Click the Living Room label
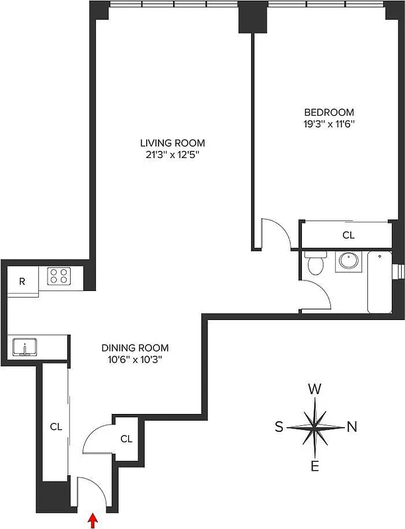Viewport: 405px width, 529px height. [172, 143]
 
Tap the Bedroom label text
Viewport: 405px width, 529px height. [328, 112]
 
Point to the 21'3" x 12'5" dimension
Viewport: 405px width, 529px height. [172, 155]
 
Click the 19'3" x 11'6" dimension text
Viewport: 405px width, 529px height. [328, 124]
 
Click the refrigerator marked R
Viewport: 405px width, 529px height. [22, 281]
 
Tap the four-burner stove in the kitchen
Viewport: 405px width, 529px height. [59, 276]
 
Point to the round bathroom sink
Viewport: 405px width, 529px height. [348, 263]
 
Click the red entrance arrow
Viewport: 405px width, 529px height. [92, 522]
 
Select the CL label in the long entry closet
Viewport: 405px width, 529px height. [55, 427]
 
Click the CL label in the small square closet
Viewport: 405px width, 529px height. [126, 438]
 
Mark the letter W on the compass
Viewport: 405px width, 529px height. [315, 389]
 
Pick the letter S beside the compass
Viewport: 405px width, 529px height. [279, 427]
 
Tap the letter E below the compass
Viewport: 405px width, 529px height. [315, 467]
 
